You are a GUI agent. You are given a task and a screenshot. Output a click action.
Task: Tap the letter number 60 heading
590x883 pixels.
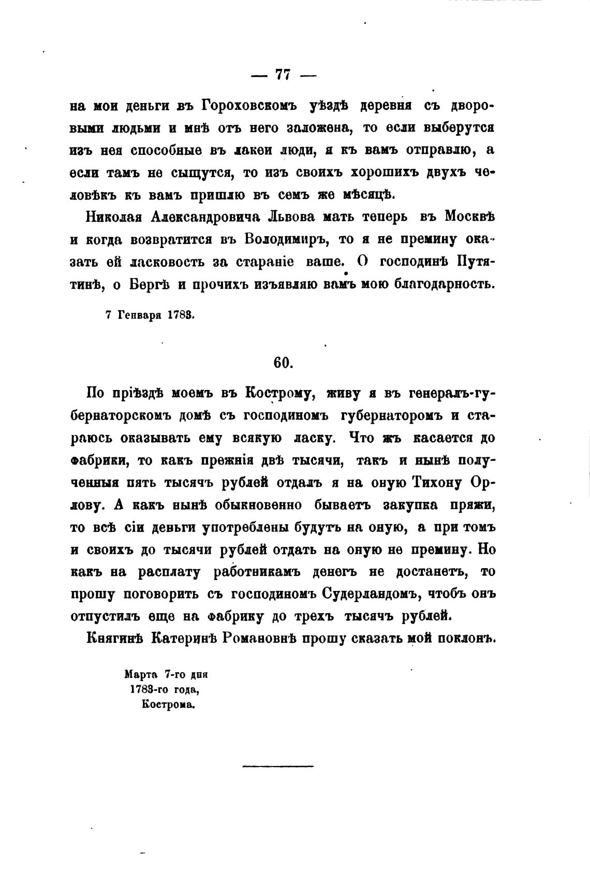click(283, 363)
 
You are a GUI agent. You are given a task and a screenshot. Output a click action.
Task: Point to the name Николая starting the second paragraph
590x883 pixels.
click(111, 216)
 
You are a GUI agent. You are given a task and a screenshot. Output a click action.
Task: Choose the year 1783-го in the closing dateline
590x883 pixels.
click(148, 690)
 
